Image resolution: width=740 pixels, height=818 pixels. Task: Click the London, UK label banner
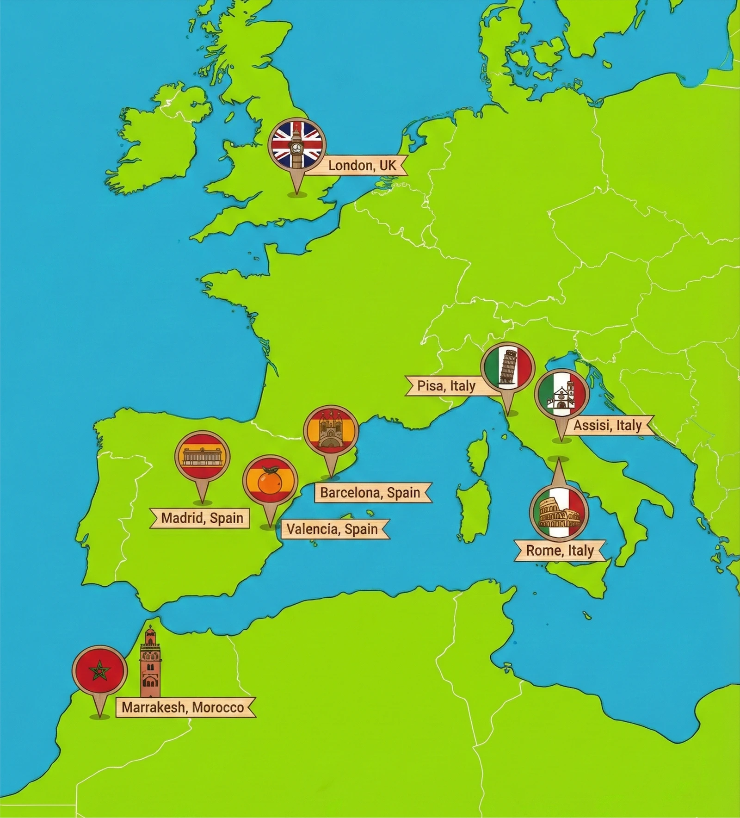(362, 165)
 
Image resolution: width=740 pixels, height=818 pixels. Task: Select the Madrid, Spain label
(202, 518)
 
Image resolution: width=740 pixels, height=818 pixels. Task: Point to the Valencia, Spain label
(332, 529)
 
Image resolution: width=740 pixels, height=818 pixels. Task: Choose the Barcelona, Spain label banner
(370, 493)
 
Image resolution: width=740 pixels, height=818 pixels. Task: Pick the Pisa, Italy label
(446, 386)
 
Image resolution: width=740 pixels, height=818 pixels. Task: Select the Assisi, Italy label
(607, 425)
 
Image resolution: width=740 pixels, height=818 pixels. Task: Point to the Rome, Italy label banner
(560, 551)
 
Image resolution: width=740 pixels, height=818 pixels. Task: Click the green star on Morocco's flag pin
(99, 671)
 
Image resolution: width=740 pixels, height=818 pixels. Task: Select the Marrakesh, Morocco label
(183, 707)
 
